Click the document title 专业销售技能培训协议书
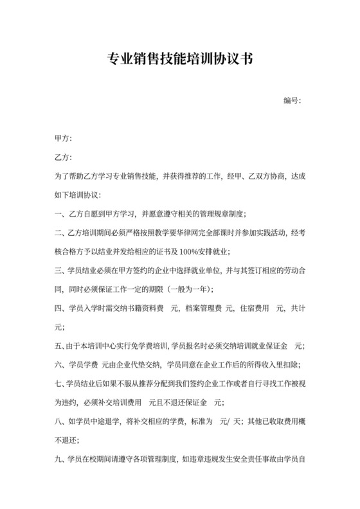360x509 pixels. [179, 60]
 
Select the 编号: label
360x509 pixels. [292, 101]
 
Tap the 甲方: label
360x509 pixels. [64, 138]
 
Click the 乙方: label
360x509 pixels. [64, 157]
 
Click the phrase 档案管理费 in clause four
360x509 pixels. [203, 308]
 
